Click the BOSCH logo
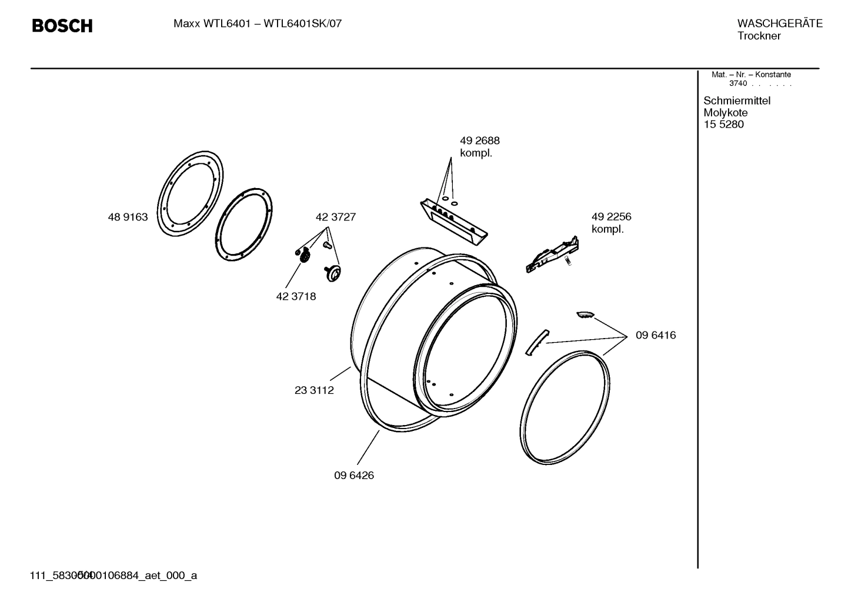[62, 26]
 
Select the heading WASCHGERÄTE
[779, 24]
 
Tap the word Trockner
[759, 36]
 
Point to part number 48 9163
[128, 217]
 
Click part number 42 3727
[335, 217]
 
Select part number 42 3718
[296, 296]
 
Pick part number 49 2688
[479, 140]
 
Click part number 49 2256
[611, 217]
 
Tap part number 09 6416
[655, 335]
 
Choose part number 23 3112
[314, 390]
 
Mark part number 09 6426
[353, 475]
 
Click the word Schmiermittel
[736, 101]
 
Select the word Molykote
[725, 112]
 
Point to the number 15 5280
[723, 125]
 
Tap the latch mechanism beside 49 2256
[552, 255]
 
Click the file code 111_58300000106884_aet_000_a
[113, 575]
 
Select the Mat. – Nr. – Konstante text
[751, 75]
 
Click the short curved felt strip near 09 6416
[536, 342]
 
